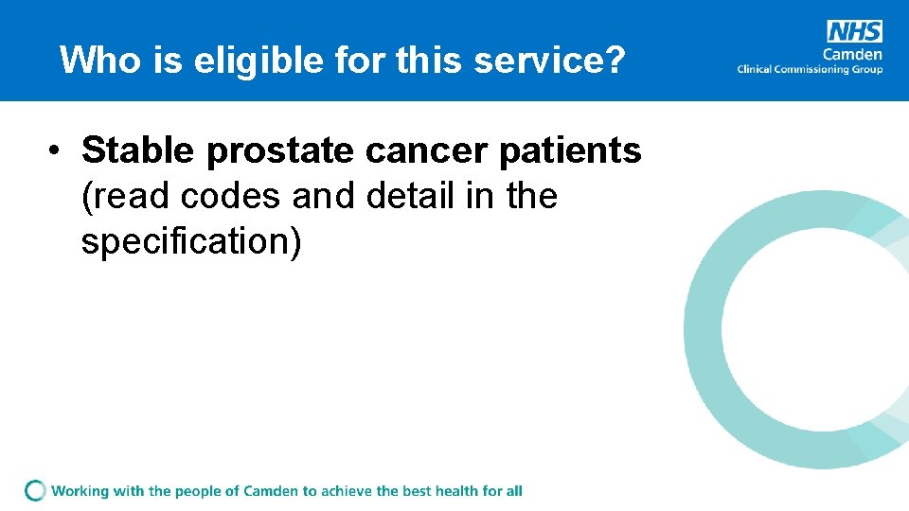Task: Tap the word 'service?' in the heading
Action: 549,61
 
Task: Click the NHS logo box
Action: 854,31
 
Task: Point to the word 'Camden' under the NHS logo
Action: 853,53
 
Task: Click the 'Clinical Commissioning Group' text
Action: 810,69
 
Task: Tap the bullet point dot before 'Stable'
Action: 58,151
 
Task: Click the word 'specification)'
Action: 191,241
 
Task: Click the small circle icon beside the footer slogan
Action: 36,490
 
